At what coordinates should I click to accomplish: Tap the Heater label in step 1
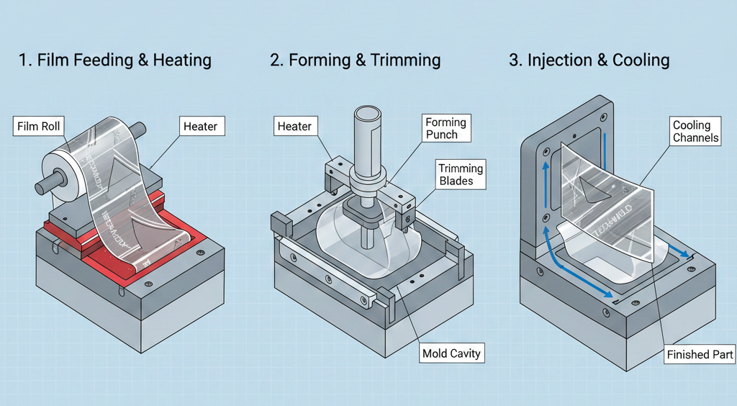point(201,127)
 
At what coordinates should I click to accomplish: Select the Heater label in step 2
point(294,127)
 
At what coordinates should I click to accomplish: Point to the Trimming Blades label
point(461,175)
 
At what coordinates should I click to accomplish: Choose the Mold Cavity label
point(451,353)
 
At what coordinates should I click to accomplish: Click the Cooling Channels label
point(695,131)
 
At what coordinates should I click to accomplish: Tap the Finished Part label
point(700,354)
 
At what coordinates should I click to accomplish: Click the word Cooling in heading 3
point(641,60)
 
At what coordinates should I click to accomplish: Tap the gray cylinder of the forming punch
point(367,140)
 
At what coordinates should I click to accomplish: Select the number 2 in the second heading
point(275,60)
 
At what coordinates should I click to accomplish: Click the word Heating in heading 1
point(181,60)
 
